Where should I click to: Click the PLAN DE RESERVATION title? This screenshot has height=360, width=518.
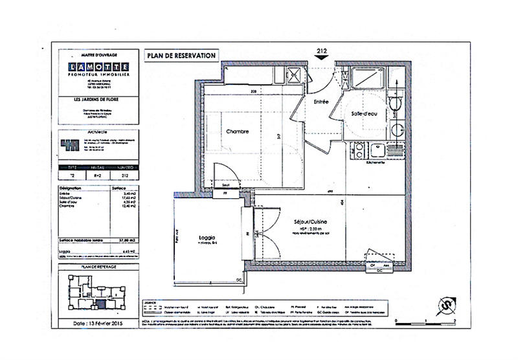pyautogui.click(x=181, y=56)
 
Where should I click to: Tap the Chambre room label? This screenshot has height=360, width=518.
pyautogui.click(x=238, y=131)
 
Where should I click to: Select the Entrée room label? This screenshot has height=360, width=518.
pyautogui.click(x=322, y=102)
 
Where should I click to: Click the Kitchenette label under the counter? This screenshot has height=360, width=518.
pyautogui.click(x=376, y=163)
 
